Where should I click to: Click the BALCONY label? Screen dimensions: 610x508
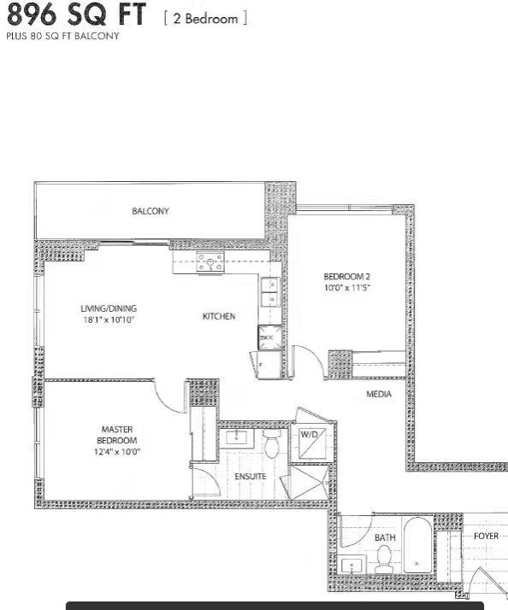click(151, 211)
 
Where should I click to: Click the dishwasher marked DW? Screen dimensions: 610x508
click(268, 338)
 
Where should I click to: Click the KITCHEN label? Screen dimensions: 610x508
click(218, 317)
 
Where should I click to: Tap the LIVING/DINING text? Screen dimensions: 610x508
click(109, 308)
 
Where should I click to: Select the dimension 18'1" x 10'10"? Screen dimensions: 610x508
click(109, 320)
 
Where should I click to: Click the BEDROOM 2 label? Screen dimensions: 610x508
click(346, 277)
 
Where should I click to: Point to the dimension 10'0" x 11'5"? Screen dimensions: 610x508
click(346, 288)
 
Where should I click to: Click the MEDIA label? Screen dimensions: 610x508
click(379, 394)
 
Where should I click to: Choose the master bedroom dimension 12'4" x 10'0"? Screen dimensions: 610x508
click(117, 451)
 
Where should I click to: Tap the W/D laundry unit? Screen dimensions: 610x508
click(309, 434)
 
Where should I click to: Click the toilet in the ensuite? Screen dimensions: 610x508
click(272, 444)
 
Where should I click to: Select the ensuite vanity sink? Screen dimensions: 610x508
click(235, 438)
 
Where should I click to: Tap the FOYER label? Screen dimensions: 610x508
click(486, 537)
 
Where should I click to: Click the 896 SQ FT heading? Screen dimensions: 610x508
click(76, 15)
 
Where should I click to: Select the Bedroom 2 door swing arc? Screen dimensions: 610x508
click(309, 359)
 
